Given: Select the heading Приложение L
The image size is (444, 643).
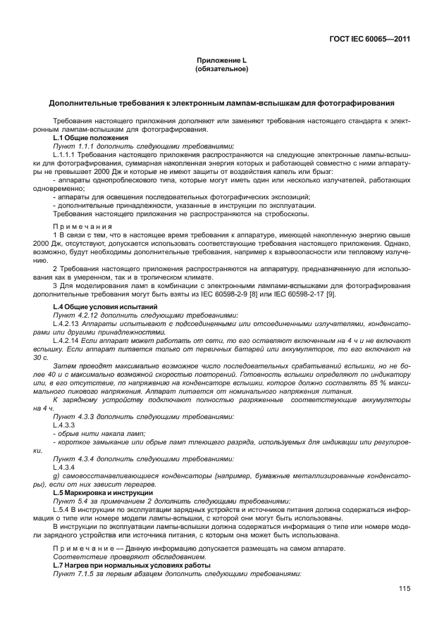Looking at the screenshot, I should click(221, 61).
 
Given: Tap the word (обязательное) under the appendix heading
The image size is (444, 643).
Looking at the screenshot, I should click(221, 70).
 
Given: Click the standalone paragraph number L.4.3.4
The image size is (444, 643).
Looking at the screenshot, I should click(63, 468).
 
